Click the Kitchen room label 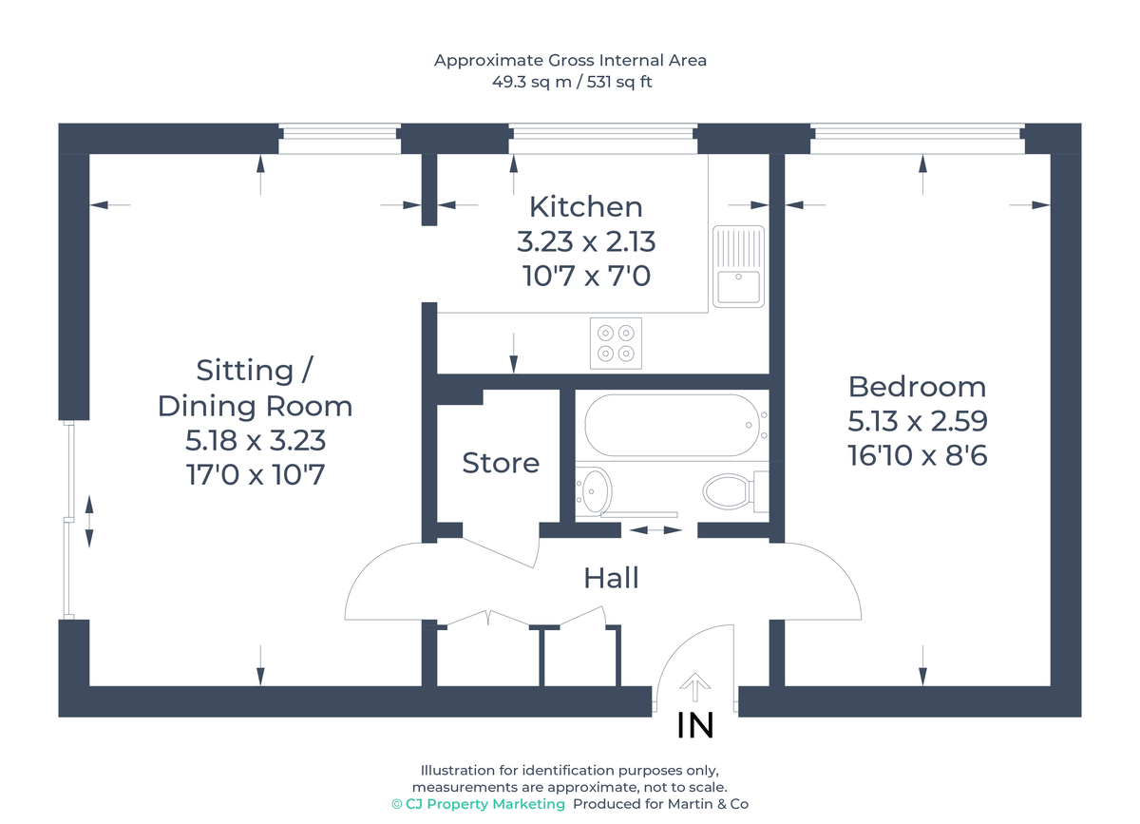(585, 206)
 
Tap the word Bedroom (917, 387)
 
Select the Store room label (501, 463)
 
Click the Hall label (611, 577)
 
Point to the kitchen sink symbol (739, 267)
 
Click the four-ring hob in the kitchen (615, 343)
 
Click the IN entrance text (694, 726)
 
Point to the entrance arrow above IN (695, 687)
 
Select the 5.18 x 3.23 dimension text (256, 441)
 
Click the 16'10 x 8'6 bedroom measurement (917, 456)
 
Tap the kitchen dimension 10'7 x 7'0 (586, 277)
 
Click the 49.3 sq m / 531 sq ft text (571, 82)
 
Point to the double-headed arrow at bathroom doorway (655, 529)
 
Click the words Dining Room (255, 406)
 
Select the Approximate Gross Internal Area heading (571, 60)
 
